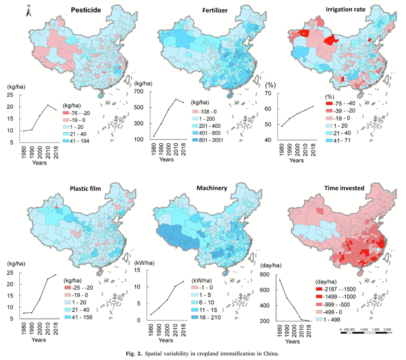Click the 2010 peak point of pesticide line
48,105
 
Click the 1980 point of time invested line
279,280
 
